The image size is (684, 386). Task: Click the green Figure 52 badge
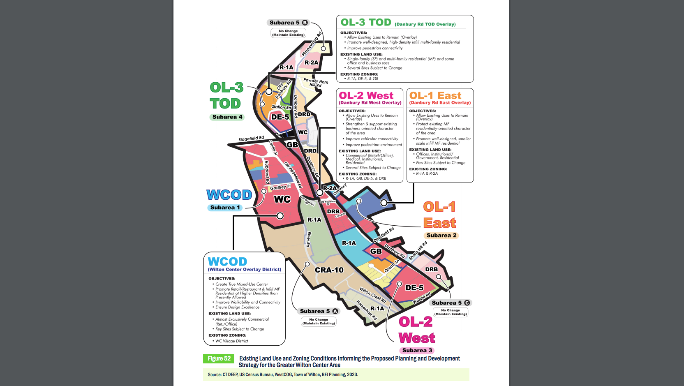pyautogui.click(x=219, y=358)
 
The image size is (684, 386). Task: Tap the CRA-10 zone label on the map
pyautogui.click(x=329, y=270)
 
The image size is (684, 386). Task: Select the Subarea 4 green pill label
pyautogui.click(x=227, y=117)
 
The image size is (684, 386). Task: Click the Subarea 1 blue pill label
pyautogui.click(x=225, y=208)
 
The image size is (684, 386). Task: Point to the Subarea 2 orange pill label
pyautogui.click(x=441, y=236)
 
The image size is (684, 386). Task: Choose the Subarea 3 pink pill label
pyautogui.click(x=417, y=351)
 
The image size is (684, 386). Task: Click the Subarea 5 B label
pyautogui.click(x=288, y=23)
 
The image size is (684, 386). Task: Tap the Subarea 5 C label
pyautogui.click(x=451, y=303)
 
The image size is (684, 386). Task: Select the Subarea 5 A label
pyautogui.click(x=319, y=311)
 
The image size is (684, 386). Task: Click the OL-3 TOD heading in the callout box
pyautogui.click(x=366, y=23)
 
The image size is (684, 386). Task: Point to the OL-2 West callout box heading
pyautogui.click(x=366, y=96)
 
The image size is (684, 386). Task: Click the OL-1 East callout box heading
pyautogui.click(x=435, y=96)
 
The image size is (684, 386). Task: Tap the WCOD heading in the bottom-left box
pyautogui.click(x=227, y=261)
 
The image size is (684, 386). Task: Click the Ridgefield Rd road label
pyautogui.click(x=251, y=139)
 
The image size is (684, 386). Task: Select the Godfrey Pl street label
pyautogui.click(x=280, y=187)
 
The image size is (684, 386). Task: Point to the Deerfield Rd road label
pyautogui.click(x=384, y=235)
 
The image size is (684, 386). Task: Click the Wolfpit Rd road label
pyautogui.click(x=422, y=298)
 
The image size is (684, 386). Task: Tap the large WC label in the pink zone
pyautogui.click(x=282, y=199)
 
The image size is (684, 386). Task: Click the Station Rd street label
pyautogui.click(x=282, y=107)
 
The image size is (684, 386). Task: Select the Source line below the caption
pyautogui.click(x=283, y=374)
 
